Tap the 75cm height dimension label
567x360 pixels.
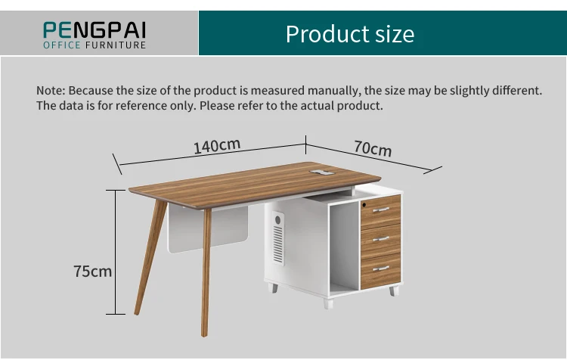[92, 271]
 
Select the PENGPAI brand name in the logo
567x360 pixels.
[94, 29]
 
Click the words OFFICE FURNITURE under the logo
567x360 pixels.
[94, 45]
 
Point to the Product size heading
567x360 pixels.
[350, 34]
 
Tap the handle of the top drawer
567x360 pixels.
[381, 209]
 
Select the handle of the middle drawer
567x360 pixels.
[381, 238]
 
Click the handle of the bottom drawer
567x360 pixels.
[381, 268]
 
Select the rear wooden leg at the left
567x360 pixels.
[148, 257]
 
